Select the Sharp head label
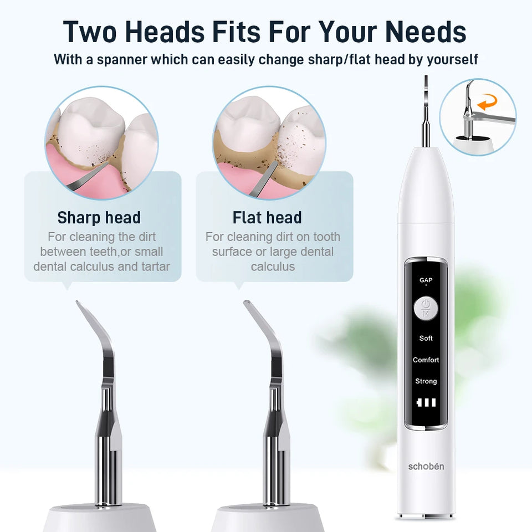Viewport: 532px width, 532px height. click(99, 217)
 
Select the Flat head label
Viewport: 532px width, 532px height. click(267, 217)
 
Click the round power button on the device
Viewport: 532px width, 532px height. click(426, 309)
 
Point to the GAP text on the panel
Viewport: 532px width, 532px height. click(426, 280)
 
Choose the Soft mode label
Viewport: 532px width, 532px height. click(426, 338)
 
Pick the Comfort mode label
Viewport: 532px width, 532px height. click(426, 360)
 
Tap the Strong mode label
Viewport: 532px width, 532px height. click(426, 381)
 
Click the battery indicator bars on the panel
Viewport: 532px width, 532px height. click(426, 403)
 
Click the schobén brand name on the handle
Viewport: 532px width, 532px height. click(426, 467)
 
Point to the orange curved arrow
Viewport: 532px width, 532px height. click(488, 103)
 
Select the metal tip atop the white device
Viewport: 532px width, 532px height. click(426, 111)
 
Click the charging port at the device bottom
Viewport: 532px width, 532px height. click(426, 516)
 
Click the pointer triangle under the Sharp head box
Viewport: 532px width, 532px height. click(66, 286)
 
